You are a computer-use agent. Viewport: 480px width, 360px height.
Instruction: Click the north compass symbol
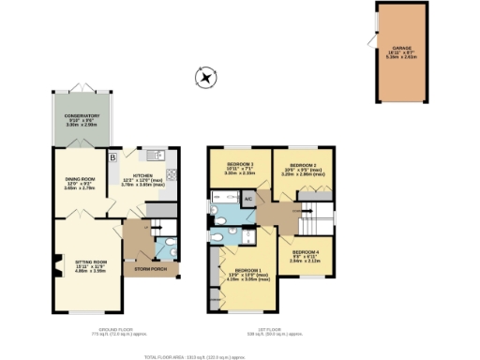pos(200,75)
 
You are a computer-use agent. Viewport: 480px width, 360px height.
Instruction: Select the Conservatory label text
pos(82,119)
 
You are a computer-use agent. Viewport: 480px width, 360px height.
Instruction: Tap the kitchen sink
pos(156,155)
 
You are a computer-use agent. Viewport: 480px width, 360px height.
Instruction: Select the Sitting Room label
pos(80,264)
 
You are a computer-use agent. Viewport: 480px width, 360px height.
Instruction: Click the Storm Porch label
pos(150,269)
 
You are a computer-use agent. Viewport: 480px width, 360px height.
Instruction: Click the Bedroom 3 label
pos(228,169)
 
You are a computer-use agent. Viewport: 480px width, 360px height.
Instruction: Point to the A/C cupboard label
pos(248,201)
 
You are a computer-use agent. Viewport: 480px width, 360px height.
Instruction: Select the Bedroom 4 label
pos(305,255)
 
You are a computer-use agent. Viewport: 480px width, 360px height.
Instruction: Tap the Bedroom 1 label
pos(247,274)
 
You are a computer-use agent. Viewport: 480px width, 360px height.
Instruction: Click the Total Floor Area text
pos(188,357)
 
